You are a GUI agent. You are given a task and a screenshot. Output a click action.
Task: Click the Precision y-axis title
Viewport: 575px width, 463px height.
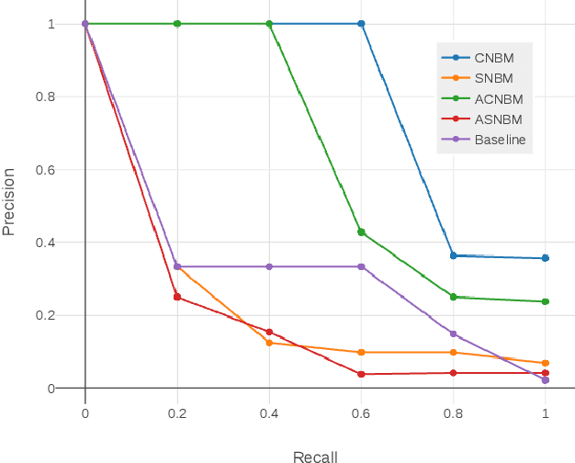pos(10,201)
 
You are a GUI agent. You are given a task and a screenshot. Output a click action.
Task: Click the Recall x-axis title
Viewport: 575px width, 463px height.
pos(315,456)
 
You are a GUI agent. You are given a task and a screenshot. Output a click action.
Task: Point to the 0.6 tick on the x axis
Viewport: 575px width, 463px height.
pos(361,413)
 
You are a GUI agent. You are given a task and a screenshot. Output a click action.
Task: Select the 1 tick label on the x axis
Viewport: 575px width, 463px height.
pos(546,413)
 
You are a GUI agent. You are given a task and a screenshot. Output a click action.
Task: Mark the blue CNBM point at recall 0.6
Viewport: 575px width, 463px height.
pos(361,24)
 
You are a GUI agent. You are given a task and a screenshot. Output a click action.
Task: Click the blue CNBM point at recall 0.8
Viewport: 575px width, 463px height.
pos(453,255)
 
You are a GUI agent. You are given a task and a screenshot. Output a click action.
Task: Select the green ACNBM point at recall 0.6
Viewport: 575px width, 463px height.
pos(361,232)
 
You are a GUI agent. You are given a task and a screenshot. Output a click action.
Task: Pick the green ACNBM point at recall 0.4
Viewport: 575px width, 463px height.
pos(269,24)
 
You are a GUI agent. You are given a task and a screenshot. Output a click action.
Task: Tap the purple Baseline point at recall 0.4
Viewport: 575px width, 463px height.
pos(269,266)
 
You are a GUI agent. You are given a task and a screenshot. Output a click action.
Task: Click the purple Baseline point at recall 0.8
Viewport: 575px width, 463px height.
pos(453,333)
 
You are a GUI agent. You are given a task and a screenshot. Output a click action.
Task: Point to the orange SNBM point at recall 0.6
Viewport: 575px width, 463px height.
pos(361,353)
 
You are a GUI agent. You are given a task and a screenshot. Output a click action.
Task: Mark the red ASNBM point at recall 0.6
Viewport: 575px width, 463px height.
pos(361,374)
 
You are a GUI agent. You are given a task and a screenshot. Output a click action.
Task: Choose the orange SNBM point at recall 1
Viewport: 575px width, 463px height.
pos(546,363)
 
